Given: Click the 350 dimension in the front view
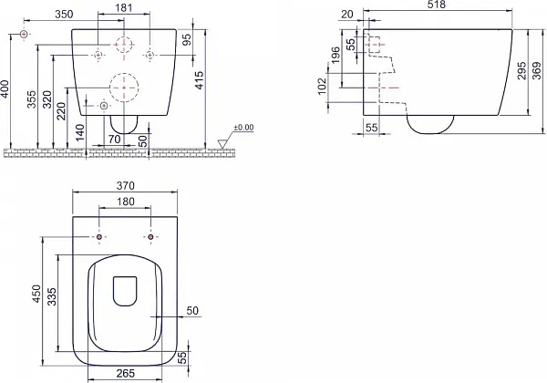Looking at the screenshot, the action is pyautogui.click(x=65, y=15).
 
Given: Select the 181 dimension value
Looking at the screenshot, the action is pyautogui.click(x=123, y=7).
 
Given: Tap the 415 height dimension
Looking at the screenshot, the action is pyautogui.click(x=199, y=80).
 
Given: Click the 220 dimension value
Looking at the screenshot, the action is pyautogui.click(x=61, y=111).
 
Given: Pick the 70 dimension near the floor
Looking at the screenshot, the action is pyautogui.click(x=115, y=140).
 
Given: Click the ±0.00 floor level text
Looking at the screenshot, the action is pyautogui.click(x=243, y=128).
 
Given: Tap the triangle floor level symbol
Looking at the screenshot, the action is pyautogui.click(x=222, y=144).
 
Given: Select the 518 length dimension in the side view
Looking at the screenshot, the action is pyautogui.click(x=437, y=5).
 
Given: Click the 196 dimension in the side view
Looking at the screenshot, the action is pyautogui.click(x=335, y=55).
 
